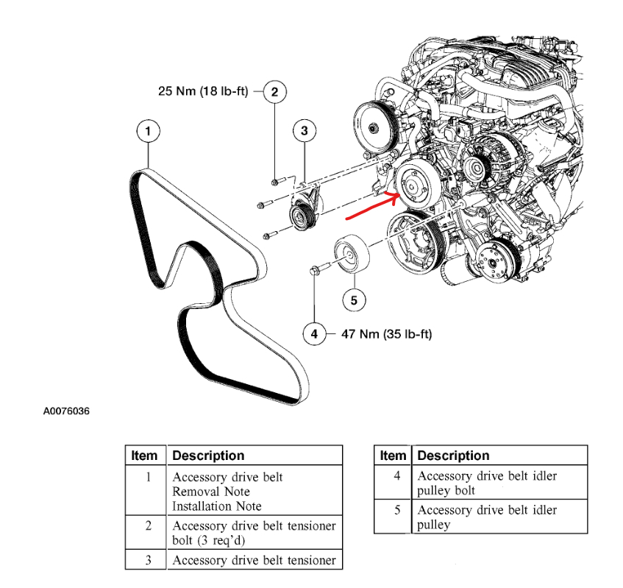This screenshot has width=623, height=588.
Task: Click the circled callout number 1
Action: [x=148, y=132]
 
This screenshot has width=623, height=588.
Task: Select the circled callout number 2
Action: [x=274, y=92]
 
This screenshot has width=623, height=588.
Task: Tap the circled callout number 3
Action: [x=304, y=132]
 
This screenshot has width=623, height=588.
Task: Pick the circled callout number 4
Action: [x=314, y=333]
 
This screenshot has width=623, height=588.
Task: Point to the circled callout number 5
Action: [x=353, y=299]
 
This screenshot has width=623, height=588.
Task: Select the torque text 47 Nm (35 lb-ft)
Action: [x=386, y=334]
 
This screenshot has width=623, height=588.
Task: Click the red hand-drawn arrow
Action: [x=372, y=207]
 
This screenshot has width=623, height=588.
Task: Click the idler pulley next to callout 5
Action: [x=350, y=255]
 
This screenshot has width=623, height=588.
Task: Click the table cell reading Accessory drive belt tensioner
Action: [x=254, y=560]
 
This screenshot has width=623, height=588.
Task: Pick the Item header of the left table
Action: [x=145, y=456]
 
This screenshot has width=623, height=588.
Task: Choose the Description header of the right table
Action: [x=453, y=456]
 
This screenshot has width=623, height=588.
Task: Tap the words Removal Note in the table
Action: [x=211, y=492]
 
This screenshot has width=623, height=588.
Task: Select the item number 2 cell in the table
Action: [x=148, y=525]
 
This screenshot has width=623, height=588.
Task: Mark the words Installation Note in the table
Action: [x=217, y=506]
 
